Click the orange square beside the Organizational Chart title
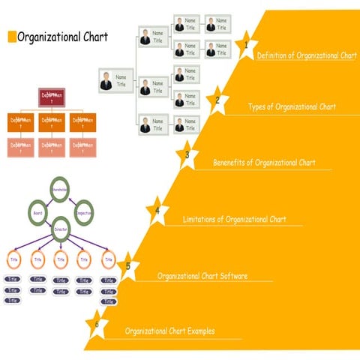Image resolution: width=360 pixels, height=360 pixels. coord(11,37)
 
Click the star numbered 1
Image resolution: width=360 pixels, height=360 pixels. coord(245,46)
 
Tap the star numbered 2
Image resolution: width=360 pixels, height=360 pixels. coord(217,100)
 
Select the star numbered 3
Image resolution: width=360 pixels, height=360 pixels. coord(187,156)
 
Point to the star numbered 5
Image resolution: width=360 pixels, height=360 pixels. coord(128,266)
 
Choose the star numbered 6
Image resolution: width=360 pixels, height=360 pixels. coord(97,325)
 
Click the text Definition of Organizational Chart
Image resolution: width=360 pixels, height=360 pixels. coord(307,56)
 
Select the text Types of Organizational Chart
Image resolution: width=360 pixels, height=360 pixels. coord(292,106)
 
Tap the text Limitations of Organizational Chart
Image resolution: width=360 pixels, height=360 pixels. coord(235,219)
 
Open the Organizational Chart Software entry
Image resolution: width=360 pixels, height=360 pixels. coord(202,275)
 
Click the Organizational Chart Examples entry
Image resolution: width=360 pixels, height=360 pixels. coord(169,331)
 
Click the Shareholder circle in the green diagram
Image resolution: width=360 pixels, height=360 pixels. coord(61,190)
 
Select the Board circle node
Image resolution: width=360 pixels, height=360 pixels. coord(37,212)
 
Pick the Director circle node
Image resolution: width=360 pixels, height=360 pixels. coord(61,230)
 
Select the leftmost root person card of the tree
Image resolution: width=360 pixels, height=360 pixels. coord(115,81)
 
